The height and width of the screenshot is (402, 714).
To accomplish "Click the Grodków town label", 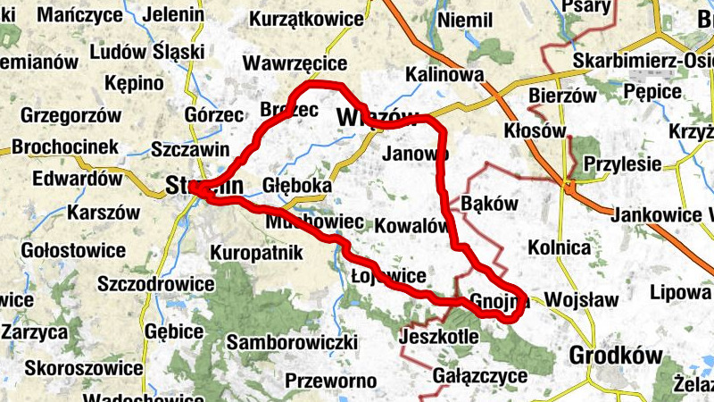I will [x=616, y=356].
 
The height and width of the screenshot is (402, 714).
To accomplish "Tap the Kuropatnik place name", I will [x=257, y=253].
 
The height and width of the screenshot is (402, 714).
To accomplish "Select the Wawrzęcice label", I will [x=295, y=63].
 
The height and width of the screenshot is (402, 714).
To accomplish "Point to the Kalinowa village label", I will [x=444, y=74].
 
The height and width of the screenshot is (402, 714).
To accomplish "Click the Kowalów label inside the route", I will [x=411, y=225].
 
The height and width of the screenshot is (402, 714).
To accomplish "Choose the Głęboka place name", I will [x=297, y=185].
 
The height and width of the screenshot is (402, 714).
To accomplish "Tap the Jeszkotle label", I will [x=440, y=337].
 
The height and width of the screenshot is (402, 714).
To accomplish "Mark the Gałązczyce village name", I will [x=479, y=375].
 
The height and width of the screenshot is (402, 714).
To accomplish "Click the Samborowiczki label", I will [x=292, y=342].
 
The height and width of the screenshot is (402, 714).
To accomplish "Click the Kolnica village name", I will [x=560, y=247].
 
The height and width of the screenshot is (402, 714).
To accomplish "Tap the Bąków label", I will [x=490, y=203].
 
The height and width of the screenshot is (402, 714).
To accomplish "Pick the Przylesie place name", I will [x=622, y=164].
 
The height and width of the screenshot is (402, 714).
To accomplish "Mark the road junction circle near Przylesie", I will [x=568, y=186].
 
